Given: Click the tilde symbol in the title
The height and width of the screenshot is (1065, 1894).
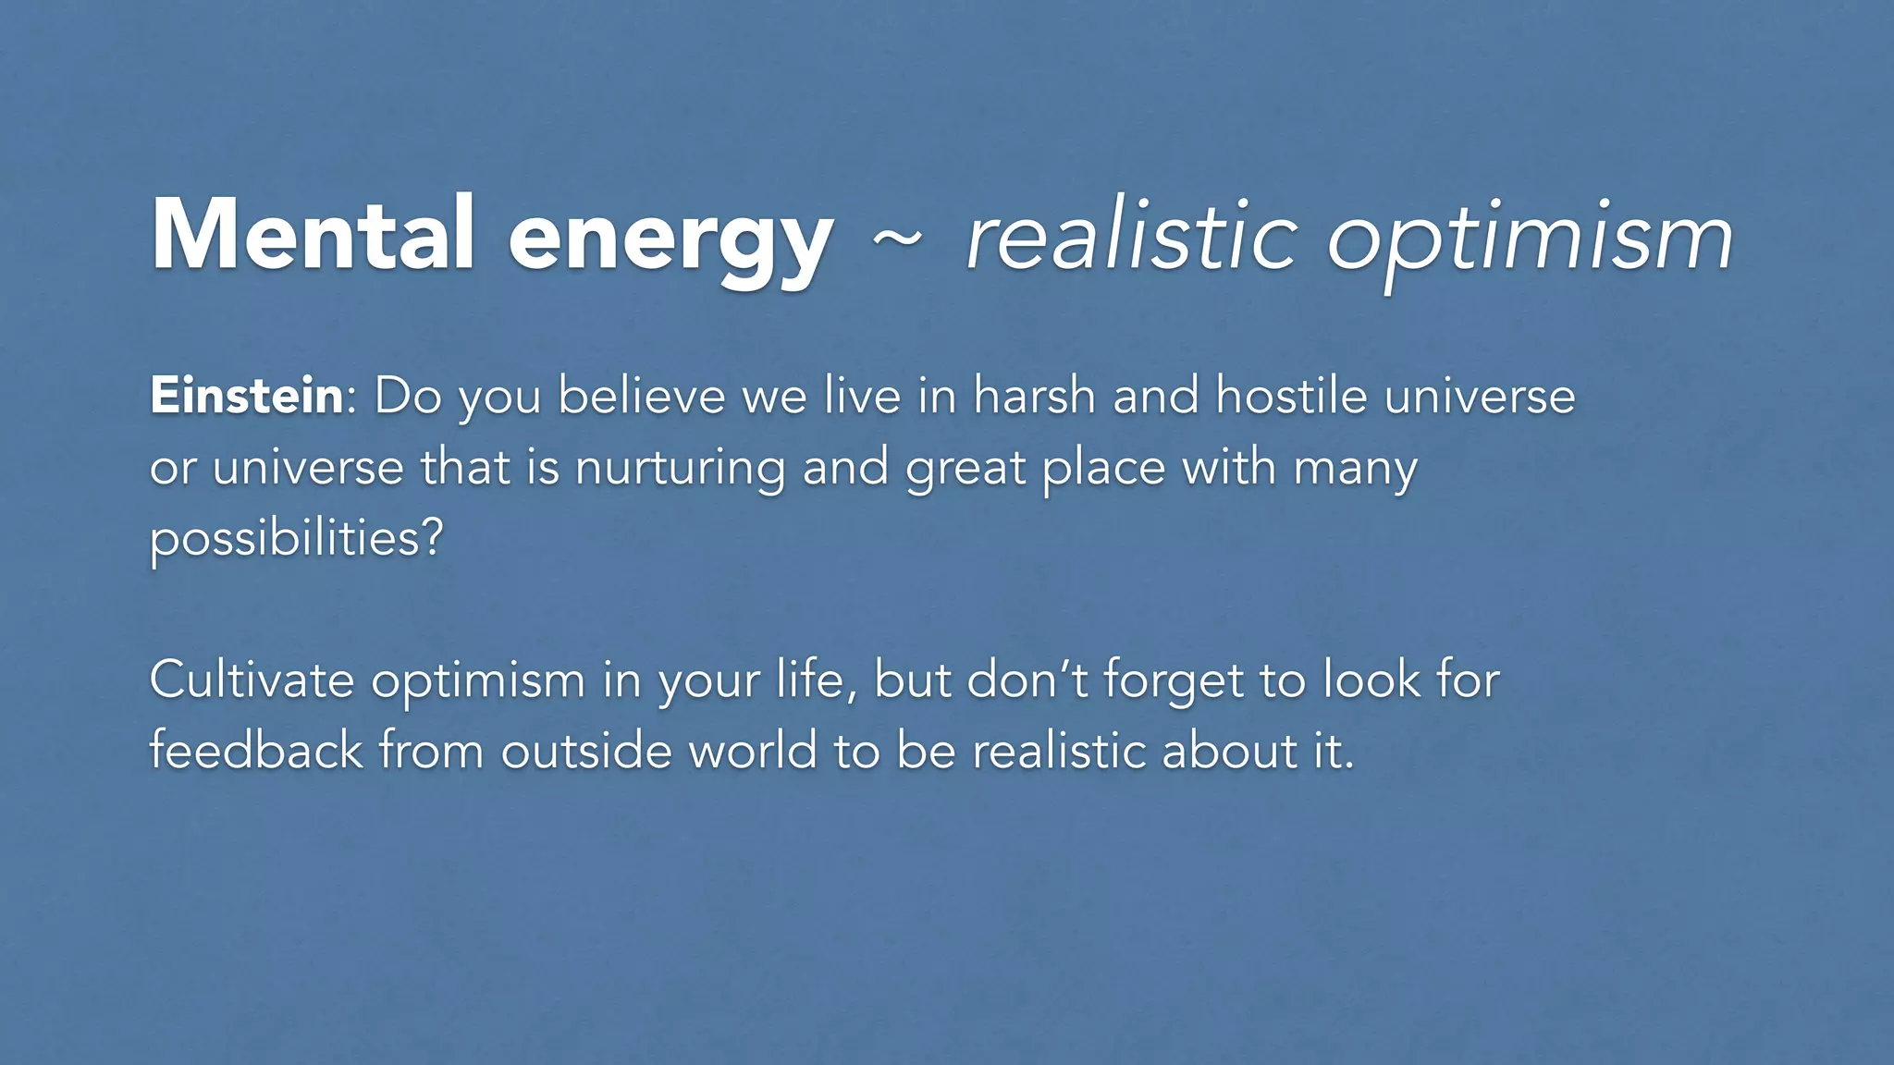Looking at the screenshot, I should point(896,239).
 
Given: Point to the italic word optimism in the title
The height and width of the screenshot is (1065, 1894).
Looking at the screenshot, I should point(1530,239).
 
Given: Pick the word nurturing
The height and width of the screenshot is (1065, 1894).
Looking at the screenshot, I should point(680,467).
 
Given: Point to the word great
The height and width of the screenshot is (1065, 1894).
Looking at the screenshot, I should point(965,469).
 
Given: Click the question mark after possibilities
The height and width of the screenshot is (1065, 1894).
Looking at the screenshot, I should point(432,536).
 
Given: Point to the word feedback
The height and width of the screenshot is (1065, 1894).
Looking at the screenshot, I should point(256,750).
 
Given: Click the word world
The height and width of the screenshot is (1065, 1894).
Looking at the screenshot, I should point(754,750).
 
